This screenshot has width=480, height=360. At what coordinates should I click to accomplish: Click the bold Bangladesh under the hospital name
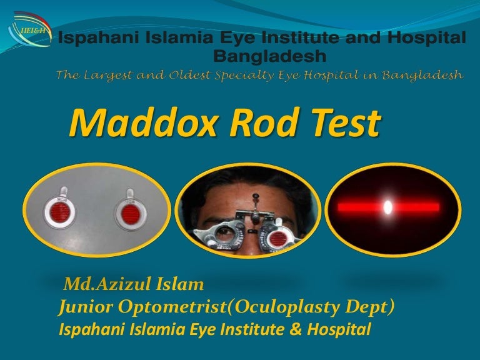click(269, 57)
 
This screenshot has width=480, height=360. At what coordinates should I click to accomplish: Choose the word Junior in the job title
click(84, 307)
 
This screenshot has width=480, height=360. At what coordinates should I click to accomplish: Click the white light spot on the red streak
click(387, 207)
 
